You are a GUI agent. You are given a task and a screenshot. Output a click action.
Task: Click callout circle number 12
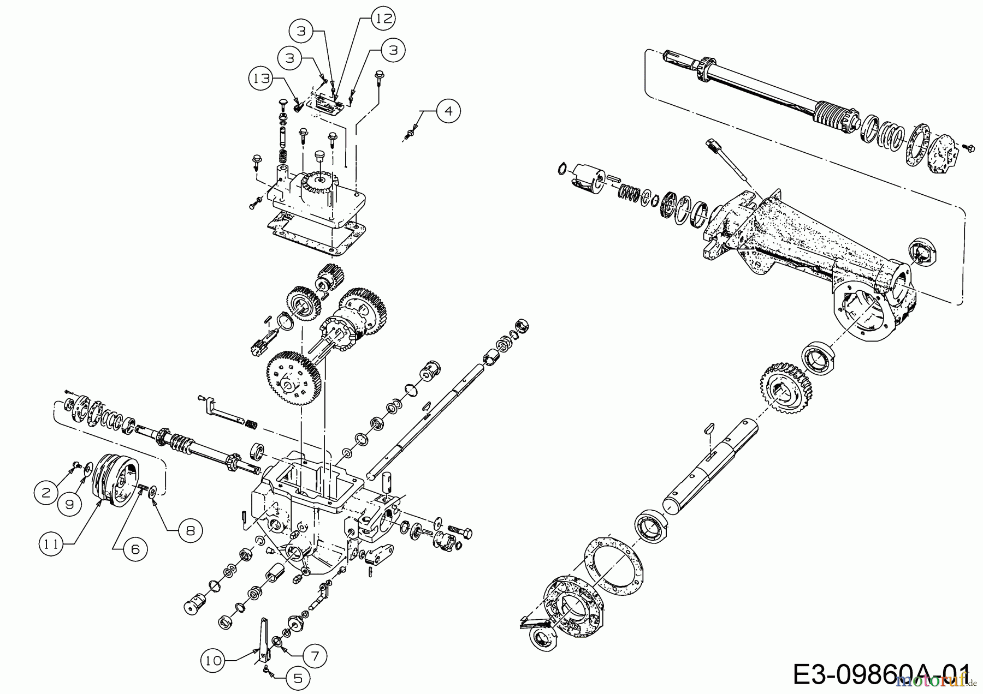click(383, 19)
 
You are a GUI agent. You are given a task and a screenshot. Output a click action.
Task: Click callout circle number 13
click(262, 79)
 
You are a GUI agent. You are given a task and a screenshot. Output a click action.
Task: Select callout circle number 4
click(448, 111)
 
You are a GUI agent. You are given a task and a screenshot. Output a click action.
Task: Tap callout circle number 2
click(45, 493)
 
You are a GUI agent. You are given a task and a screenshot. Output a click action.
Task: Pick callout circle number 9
click(69, 505)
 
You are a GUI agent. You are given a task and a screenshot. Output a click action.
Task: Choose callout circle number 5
click(298, 679)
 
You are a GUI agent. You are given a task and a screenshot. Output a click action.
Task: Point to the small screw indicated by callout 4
click(409, 133)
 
